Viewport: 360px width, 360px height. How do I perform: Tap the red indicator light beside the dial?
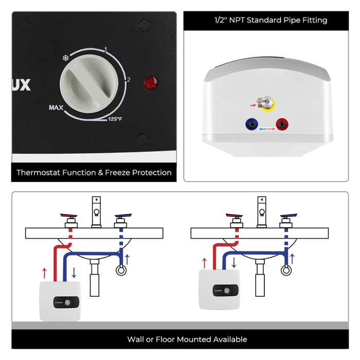150,82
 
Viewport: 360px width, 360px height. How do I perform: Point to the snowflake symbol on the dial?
65,58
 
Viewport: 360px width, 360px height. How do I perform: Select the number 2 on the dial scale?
129,80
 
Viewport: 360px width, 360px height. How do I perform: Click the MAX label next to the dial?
56,107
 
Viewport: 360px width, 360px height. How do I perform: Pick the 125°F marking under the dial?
115,119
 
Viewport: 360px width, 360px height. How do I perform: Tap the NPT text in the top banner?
235,20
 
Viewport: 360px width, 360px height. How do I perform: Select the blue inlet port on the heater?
252,124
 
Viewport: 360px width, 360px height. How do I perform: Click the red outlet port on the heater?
281,124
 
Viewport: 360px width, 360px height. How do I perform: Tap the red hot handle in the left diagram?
68,216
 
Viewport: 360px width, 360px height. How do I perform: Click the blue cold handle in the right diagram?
287,216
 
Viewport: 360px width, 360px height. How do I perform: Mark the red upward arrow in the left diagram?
44,273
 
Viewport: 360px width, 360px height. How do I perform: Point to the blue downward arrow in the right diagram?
235,263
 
